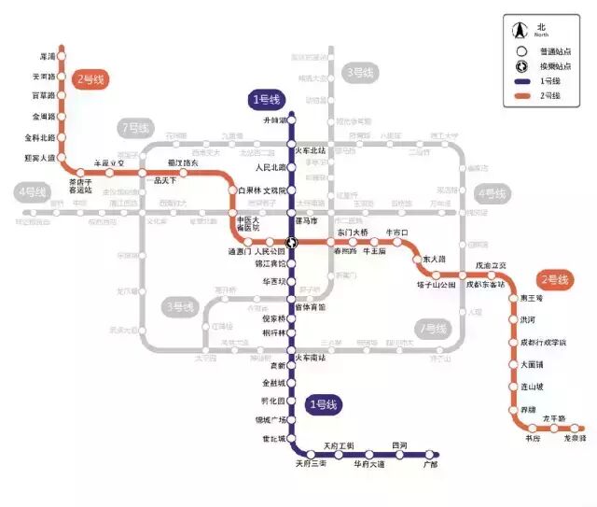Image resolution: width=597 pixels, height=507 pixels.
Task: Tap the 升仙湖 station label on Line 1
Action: click(x=275, y=120)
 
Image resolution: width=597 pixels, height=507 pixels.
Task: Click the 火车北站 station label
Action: click(x=311, y=150)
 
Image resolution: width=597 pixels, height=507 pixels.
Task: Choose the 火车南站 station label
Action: click(x=311, y=358)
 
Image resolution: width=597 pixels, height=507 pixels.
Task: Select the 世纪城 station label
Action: click(x=273, y=438)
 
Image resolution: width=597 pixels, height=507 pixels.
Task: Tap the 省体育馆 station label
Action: click(x=311, y=306)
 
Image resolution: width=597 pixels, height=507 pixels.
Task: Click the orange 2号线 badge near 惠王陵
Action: click(x=555, y=279)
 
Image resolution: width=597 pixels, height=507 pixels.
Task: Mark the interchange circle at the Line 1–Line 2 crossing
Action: click(x=292, y=242)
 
